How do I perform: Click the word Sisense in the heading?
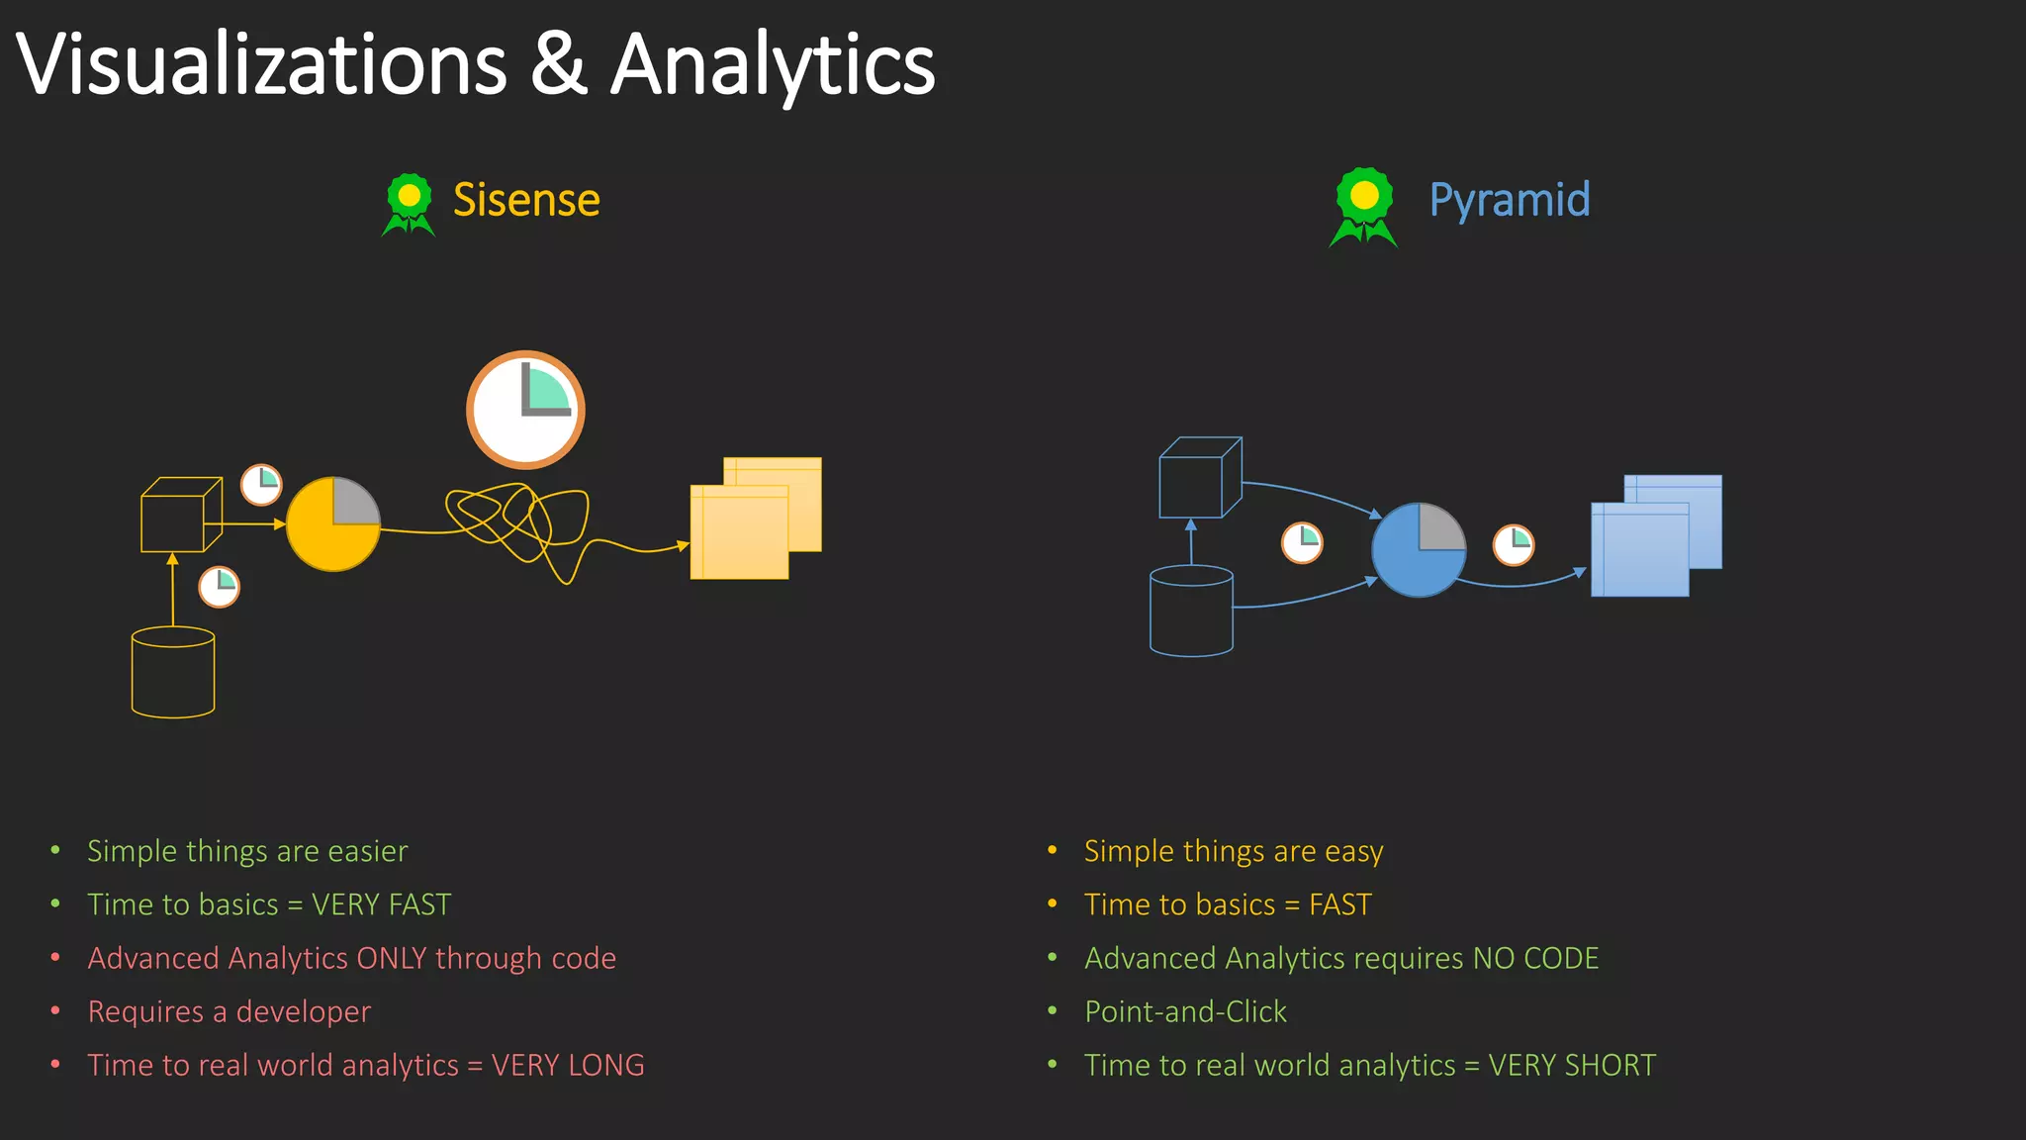(526, 200)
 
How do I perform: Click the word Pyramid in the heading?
(1510, 200)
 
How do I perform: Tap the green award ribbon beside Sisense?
(409, 204)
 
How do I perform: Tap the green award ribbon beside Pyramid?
(1363, 206)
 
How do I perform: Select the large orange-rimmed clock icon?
(525, 409)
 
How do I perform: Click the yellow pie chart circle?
(332, 524)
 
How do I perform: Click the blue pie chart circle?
(1419, 550)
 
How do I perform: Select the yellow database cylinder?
(173, 672)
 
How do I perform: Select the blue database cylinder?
(1191, 611)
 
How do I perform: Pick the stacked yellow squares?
(755, 518)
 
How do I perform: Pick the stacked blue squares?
(1655, 535)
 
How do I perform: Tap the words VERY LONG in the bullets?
(568, 1065)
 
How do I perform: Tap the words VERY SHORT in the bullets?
(1572, 1065)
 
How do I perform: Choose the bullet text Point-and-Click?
(1185, 1011)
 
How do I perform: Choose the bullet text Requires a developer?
(230, 1011)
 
